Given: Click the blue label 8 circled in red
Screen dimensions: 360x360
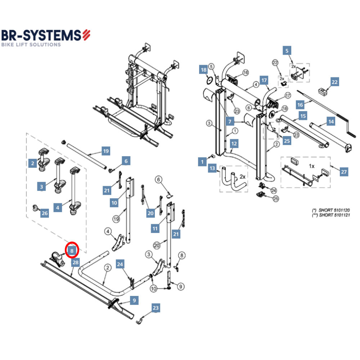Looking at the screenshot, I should (72, 250).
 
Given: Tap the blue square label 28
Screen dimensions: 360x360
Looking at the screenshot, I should (75, 262).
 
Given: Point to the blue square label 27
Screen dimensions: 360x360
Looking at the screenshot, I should (344, 172).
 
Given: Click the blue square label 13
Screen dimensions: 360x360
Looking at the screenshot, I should (212, 168).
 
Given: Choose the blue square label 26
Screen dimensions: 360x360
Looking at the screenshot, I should (44, 213).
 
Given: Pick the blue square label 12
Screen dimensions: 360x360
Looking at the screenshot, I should (234, 144).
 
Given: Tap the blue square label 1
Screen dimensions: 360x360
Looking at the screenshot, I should (202, 162).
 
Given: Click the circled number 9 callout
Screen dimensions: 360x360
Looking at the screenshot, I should (180, 287).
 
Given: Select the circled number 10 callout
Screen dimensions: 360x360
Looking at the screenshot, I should (154, 289).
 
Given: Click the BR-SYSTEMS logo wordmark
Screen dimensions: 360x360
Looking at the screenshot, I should (42, 35).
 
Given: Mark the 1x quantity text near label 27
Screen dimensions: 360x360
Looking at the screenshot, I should (312, 166).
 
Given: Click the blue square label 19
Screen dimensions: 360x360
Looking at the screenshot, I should (105, 151).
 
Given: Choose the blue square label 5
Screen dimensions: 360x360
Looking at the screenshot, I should (287, 50).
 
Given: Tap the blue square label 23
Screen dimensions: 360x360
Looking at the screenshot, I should (155, 308).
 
